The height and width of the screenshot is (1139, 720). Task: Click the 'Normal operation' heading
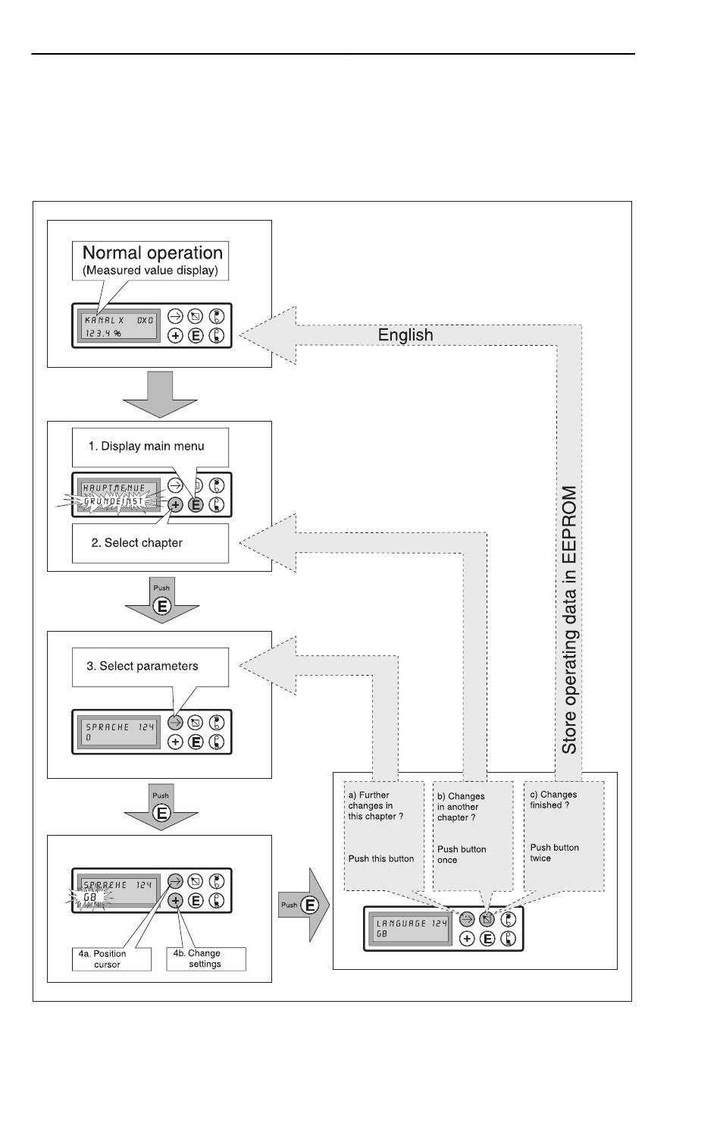click(152, 253)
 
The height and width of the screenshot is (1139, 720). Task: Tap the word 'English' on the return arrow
click(405, 335)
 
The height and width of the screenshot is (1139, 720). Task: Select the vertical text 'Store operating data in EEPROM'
click(569, 620)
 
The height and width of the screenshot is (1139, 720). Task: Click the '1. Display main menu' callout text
click(146, 446)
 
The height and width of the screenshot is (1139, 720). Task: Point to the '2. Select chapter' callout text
click(136, 542)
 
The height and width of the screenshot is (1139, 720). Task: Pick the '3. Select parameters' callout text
click(142, 666)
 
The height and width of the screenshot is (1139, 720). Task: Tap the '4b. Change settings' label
click(197, 959)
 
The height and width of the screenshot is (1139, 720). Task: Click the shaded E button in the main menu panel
click(196, 505)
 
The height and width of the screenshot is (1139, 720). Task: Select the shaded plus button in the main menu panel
click(175, 505)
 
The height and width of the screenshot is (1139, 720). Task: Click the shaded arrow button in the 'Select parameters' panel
click(175, 722)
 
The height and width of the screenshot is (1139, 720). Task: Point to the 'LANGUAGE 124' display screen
click(410, 928)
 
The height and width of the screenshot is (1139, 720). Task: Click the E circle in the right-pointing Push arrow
click(309, 905)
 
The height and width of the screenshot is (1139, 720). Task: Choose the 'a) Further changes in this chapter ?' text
click(375, 805)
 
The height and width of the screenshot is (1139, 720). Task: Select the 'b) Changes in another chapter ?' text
click(461, 807)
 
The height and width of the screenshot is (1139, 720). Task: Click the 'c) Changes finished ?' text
click(553, 800)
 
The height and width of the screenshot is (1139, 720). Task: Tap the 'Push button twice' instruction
click(554, 852)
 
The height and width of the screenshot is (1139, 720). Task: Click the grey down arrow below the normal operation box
click(160, 394)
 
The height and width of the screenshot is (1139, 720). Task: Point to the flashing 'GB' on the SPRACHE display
click(90, 897)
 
